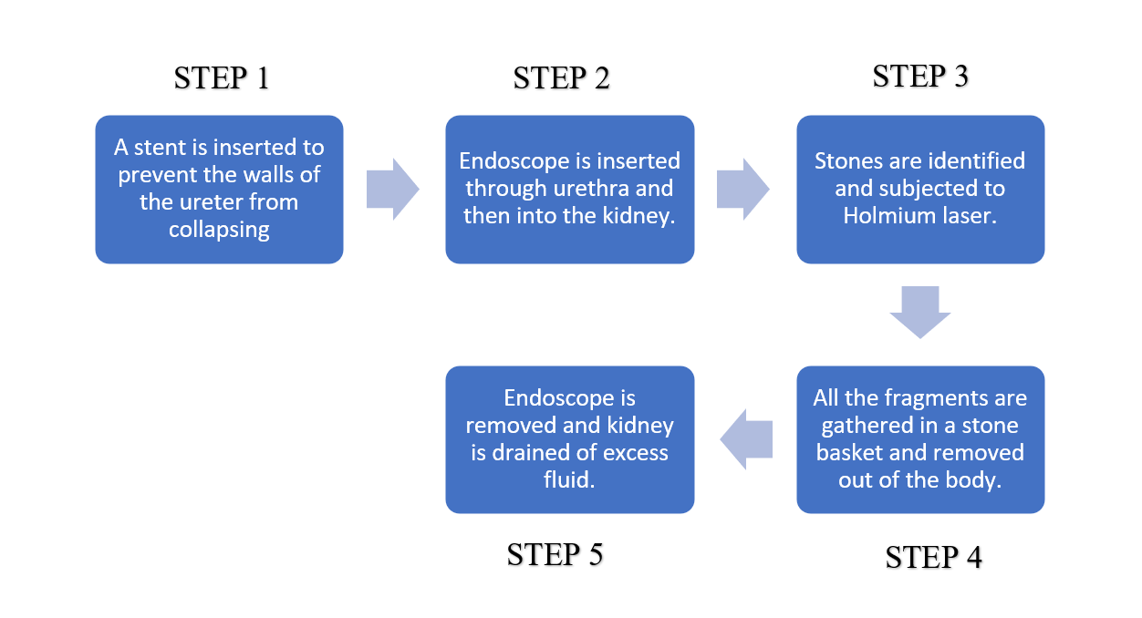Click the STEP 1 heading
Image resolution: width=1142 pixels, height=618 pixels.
(x=222, y=78)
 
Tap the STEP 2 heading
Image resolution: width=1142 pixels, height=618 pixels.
(x=561, y=78)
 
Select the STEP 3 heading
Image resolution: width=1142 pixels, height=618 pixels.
(x=919, y=77)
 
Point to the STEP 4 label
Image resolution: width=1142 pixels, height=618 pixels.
(x=933, y=557)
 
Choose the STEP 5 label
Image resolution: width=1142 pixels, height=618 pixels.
(x=555, y=554)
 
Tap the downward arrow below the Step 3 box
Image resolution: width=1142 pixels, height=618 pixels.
(x=919, y=312)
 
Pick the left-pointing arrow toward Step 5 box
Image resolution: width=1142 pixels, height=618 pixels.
(x=746, y=439)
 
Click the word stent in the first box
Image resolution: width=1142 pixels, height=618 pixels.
(x=159, y=148)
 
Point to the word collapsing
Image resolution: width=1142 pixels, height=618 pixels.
(x=219, y=230)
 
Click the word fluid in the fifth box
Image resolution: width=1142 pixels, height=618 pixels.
(x=569, y=480)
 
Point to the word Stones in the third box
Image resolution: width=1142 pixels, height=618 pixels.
(x=846, y=161)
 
